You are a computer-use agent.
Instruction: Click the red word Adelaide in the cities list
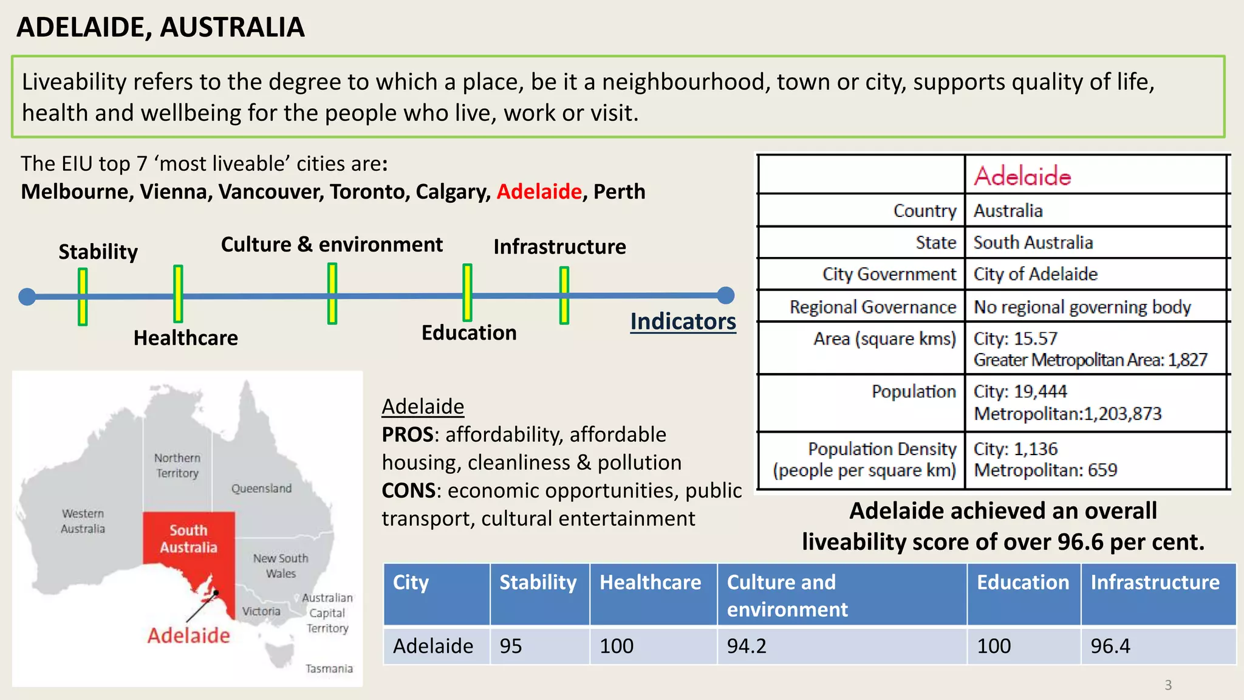click(x=539, y=192)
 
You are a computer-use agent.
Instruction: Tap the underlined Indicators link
click(x=683, y=321)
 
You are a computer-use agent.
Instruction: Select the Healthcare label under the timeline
click(x=185, y=338)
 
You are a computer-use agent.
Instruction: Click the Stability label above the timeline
click(x=98, y=252)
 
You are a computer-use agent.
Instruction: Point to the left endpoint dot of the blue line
click(x=27, y=297)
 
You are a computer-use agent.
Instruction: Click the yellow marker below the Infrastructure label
click(x=564, y=295)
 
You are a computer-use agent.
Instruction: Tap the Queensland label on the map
click(x=261, y=489)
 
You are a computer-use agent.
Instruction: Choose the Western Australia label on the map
click(x=83, y=521)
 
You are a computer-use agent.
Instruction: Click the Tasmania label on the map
click(x=329, y=668)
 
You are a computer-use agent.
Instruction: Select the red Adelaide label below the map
click(x=188, y=636)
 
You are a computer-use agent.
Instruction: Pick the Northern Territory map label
click(x=177, y=465)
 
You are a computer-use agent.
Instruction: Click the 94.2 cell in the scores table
click(x=747, y=646)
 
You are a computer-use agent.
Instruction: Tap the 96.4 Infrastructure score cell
click(x=1110, y=646)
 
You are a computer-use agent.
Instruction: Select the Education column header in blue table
click(x=1023, y=582)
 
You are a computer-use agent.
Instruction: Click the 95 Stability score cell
click(x=511, y=646)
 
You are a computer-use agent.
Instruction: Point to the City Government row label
click(x=889, y=274)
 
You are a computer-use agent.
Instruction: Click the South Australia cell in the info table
click(x=1033, y=242)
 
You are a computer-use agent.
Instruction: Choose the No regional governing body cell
click(x=1082, y=307)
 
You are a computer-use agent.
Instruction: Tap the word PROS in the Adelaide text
click(x=407, y=434)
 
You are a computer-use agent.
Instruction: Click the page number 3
click(x=1168, y=685)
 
